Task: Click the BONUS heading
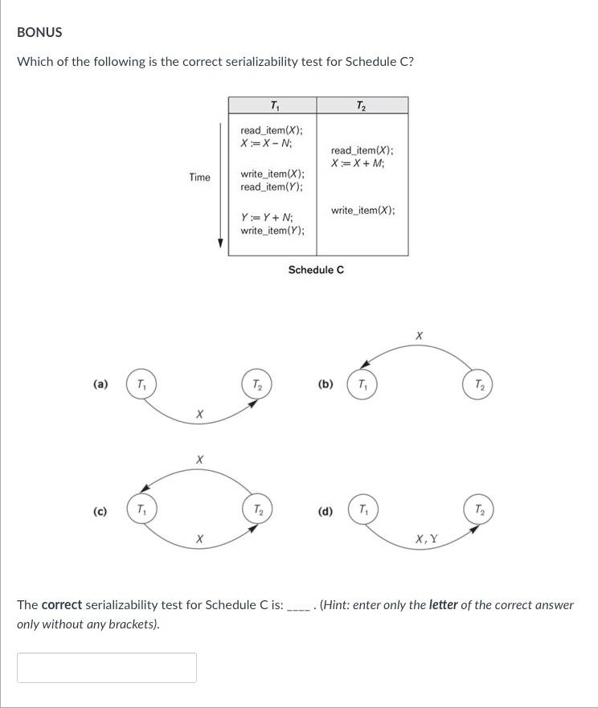(x=39, y=32)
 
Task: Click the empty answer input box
(x=107, y=667)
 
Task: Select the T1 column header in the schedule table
(x=273, y=105)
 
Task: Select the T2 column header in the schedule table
(x=362, y=105)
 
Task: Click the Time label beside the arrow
(x=200, y=177)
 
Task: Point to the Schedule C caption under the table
(x=316, y=270)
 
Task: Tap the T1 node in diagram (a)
(x=141, y=385)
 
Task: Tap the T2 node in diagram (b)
(x=478, y=385)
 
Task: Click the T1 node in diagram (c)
(x=141, y=510)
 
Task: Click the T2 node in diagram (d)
(x=478, y=510)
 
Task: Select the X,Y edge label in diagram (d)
(x=427, y=539)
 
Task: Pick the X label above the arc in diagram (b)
(x=419, y=335)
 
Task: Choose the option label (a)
(x=100, y=385)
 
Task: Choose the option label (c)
(x=100, y=511)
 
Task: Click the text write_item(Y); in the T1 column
(x=272, y=231)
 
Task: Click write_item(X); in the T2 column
(x=362, y=210)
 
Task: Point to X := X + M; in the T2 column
(x=358, y=163)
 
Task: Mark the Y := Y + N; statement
(x=268, y=218)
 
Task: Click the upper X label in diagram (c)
(x=199, y=459)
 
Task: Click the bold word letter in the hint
(x=444, y=604)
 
